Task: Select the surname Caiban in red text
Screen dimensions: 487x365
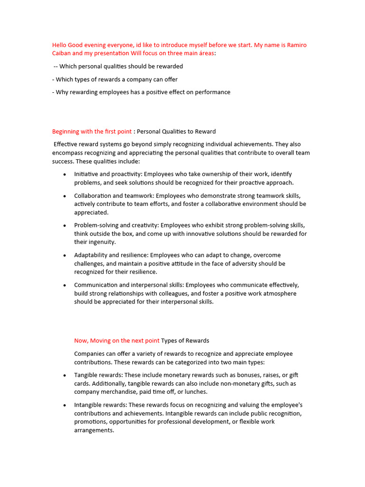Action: coord(62,53)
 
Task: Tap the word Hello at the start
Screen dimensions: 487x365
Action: coord(60,45)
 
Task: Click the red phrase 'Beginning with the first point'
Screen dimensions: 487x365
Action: coord(92,131)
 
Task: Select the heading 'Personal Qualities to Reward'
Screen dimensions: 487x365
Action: coord(176,131)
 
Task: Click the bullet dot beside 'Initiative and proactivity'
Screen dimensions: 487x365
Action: coord(65,175)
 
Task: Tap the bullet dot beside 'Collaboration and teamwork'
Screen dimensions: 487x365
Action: coord(65,196)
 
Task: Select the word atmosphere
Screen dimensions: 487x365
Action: coord(276,293)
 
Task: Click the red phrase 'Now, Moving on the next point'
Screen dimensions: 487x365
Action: coord(116,341)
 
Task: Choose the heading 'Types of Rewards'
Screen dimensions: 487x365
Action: coord(185,341)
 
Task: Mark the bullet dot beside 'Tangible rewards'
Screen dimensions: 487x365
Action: coord(65,375)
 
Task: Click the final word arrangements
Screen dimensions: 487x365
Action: coord(94,430)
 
